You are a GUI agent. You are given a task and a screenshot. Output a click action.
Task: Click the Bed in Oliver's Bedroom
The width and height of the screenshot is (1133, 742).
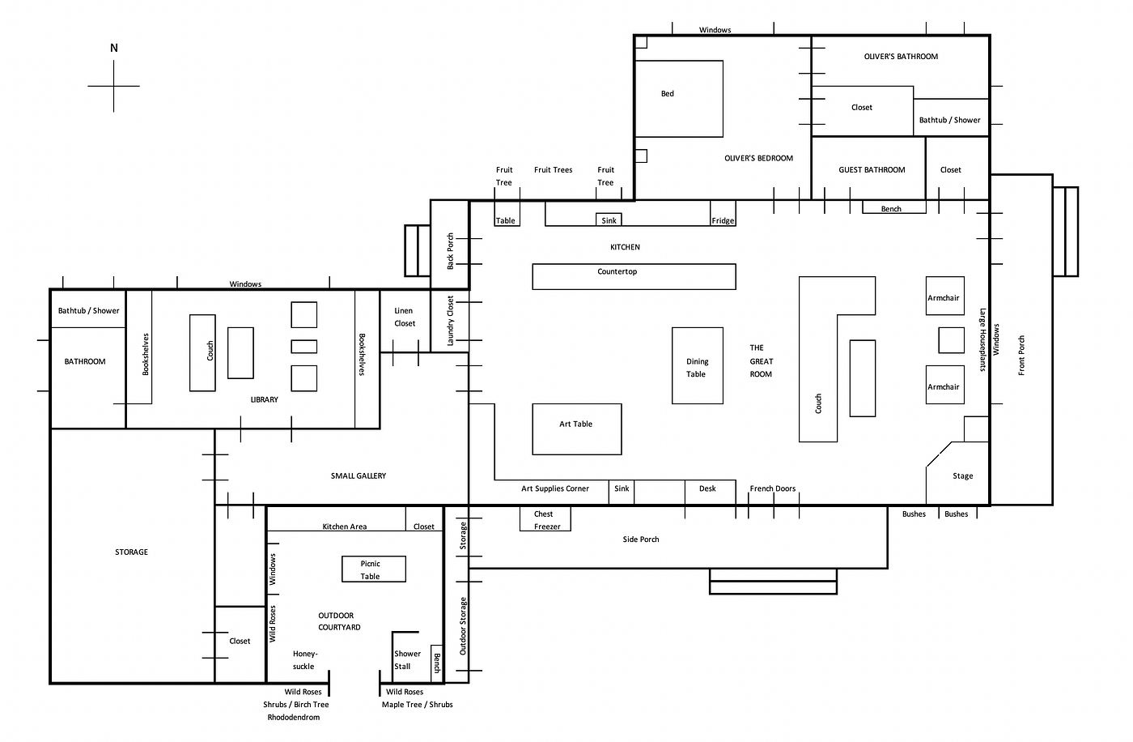coord(679,99)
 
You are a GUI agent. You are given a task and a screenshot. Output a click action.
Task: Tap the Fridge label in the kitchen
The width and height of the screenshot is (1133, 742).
coord(723,220)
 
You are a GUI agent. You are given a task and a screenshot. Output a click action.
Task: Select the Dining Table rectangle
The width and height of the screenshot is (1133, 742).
coord(698,365)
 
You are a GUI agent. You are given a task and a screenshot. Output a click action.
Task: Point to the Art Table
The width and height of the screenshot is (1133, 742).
coord(576,429)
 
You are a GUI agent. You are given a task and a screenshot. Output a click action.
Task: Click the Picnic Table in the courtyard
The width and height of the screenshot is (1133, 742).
coord(374,569)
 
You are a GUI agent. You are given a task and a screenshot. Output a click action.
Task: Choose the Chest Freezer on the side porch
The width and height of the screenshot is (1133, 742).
coord(545,518)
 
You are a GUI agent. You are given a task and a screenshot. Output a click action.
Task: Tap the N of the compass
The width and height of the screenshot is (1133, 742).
coord(114,48)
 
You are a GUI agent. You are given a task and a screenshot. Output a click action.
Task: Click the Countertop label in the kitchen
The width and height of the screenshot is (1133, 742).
coord(617,271)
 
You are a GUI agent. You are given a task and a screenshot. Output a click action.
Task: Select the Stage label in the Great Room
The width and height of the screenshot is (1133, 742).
coord(962,475)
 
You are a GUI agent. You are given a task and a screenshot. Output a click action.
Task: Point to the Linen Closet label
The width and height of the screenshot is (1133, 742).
coord(404,317)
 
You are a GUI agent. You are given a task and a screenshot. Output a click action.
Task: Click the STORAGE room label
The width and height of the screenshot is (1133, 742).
coord(131,552)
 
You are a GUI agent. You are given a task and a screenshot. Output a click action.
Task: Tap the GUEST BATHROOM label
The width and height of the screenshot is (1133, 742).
coord(872,169)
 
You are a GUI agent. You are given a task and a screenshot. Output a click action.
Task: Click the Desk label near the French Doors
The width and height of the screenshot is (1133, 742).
coord(707,488)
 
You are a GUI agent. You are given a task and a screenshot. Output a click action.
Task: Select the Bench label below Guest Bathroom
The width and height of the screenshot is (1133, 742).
coord(891,208)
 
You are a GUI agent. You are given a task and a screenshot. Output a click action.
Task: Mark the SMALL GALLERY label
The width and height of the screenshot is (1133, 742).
coord(358,475)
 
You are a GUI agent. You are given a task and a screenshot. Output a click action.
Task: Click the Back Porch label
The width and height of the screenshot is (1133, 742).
coord(450,251)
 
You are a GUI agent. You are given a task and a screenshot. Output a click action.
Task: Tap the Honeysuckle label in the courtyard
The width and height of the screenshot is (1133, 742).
coord(304,660)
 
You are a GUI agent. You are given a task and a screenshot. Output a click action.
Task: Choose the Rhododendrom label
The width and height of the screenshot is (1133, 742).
coord(293,717)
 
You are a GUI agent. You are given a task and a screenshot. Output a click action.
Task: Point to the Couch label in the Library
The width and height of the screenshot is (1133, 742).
coord(210,350)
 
